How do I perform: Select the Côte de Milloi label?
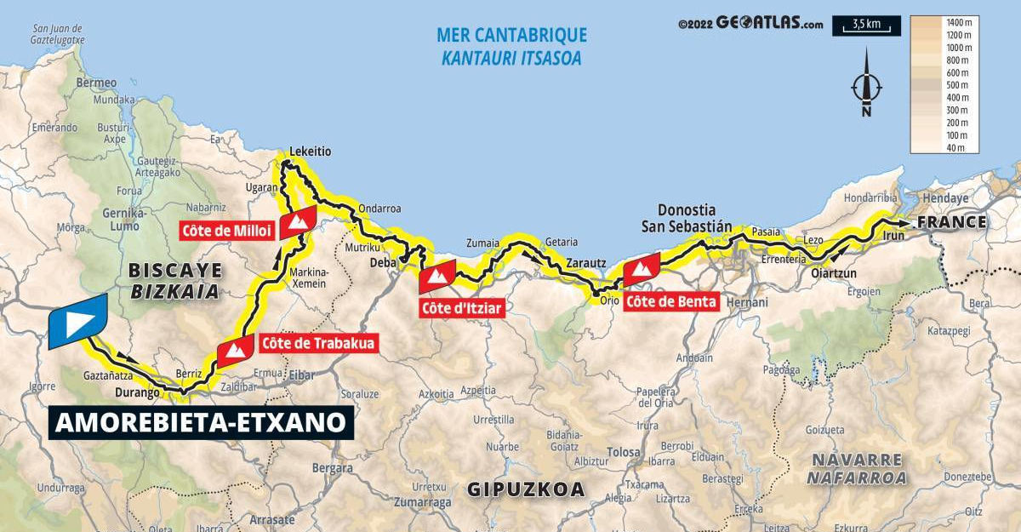[225, 230]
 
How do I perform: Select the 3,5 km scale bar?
[866, 26]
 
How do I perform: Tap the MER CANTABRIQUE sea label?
[511, 35]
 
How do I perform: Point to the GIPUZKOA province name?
[526, 489]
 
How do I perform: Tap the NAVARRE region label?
[857, 460]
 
